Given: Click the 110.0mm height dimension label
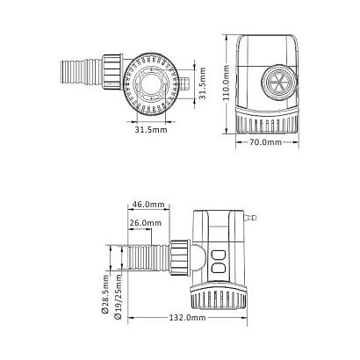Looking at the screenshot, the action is pos(226,83).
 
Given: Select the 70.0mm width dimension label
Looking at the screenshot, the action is pos(266,142).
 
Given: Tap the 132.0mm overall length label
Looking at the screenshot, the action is pos(187,318).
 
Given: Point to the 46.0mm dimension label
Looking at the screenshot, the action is pos(148,204).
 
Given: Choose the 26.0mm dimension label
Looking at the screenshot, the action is pos(146,223).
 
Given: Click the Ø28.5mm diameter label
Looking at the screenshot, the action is pos(105,294).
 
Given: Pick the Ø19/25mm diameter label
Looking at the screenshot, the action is pos(119,296).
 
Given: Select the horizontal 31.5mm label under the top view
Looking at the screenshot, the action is pos(151,129).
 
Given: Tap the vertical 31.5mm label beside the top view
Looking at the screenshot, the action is pos(203,83).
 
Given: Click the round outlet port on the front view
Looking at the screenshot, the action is pos(278,83).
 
